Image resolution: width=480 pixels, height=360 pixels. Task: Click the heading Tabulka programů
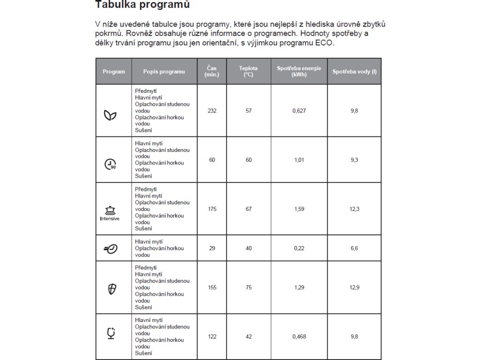136,5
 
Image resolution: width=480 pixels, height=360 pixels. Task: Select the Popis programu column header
164,72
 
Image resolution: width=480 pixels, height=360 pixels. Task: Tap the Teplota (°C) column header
248,72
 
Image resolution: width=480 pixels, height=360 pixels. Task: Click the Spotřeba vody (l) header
354,72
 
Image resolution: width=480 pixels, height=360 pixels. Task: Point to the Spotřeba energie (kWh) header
299,72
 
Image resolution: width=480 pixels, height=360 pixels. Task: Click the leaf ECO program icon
110,115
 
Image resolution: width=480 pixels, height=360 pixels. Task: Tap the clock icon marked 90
110,164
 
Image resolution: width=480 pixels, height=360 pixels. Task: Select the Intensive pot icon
110,212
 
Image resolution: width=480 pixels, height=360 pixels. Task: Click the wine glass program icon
111,333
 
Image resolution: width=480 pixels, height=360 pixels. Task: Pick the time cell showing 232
212,111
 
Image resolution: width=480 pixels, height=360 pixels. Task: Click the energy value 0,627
299,111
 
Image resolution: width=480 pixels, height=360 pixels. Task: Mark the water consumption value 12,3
354,209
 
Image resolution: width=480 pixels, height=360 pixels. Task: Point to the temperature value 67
248,209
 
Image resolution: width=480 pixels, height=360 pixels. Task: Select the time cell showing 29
212,248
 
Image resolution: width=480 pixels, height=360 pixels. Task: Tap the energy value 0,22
299,248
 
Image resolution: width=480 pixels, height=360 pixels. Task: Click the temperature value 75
248,287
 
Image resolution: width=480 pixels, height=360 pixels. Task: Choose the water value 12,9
354,287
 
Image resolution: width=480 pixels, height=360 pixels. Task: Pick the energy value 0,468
299,337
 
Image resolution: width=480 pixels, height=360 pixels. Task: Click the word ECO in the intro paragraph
324,43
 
